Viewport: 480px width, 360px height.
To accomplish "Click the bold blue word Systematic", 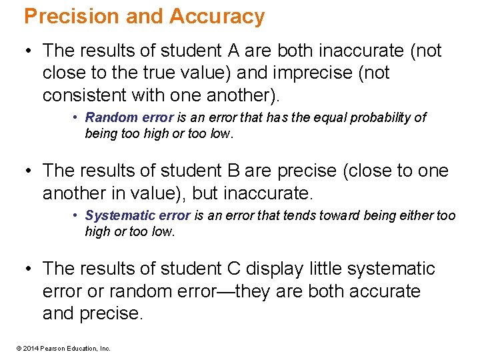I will (x=117, y=216).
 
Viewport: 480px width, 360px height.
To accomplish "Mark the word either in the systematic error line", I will (x=417, y=216).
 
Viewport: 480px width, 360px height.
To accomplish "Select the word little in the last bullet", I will (x=326, y=269).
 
